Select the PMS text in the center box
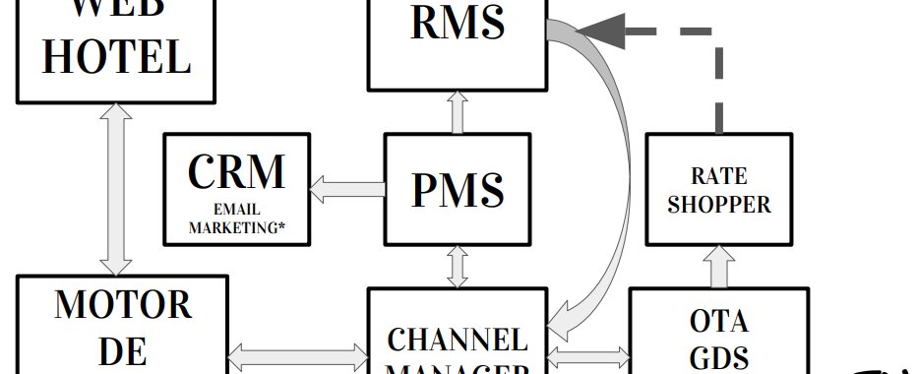(457, 189)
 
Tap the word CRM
(236, 171)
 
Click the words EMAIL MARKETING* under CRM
(236, 218)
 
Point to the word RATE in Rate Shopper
(720, 177)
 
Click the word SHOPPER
(720, 206)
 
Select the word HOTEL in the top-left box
(116, 57)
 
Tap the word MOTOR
(123, 304)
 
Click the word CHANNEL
(457, 340)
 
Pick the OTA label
(719, 321)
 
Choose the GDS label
(719, 355)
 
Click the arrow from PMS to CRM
(346, 189)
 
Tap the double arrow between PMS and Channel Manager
(457, 266)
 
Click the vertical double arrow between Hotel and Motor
(116, 188)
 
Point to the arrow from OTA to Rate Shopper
(719, 266)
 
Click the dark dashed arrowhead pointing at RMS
(600, 31)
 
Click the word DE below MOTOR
(123, 352)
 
